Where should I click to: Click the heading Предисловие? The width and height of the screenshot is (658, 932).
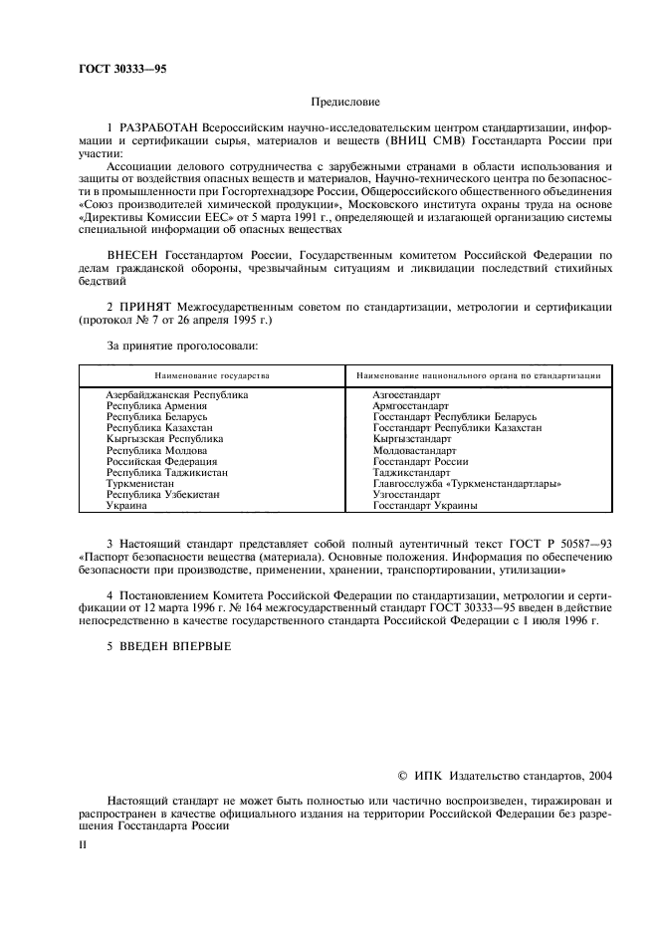[345, 101]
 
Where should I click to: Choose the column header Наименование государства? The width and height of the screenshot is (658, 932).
[211, 375]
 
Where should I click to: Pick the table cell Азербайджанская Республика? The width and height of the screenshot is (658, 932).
[176, 395]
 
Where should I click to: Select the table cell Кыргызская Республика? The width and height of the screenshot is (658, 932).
[164, 439]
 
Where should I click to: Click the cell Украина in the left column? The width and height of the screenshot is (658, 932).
[126, 505]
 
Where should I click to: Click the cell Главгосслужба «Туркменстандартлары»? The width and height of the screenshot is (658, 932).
[466, 483]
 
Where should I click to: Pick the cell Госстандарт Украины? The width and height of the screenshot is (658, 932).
[424, 505]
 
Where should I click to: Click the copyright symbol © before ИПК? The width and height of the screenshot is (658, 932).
[403, 775]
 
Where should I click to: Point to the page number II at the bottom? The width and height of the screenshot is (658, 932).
[84, 844]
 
